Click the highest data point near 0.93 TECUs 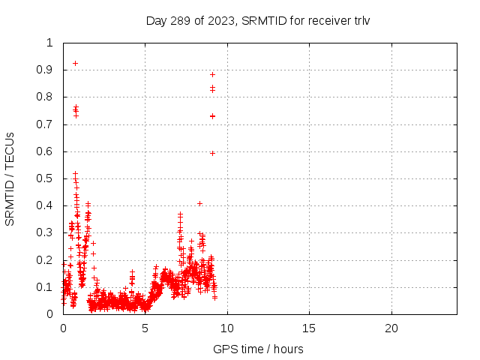[x=75, y=63]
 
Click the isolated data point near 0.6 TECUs [x=212, y=153]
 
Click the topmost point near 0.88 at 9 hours [x=212, y=74]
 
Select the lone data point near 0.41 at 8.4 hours [x=199, y=203]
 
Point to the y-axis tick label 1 [x=49, y=43]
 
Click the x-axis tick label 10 [x=227, y=328]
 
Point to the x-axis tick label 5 [x=145, y=328]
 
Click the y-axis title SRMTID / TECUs [x=10, y=178]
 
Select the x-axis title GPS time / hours [x=259, y=349]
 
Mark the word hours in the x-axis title [x=288, y=349]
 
